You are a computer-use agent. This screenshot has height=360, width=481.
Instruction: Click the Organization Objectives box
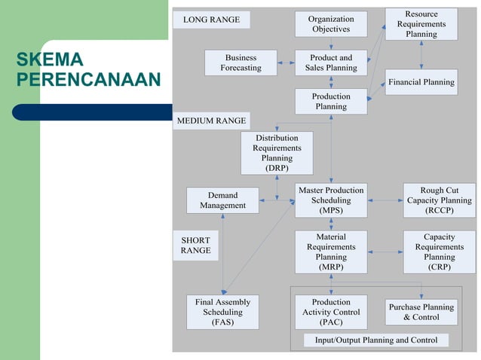tap(331, 24)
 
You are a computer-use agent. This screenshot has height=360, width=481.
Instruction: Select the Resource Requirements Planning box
tap(421, 24)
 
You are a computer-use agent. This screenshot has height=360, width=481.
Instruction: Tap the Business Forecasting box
tap(240, 63)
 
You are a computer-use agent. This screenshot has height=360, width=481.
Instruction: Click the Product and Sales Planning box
tap(331, 63)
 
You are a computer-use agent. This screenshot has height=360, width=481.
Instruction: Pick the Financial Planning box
tap(421, 82)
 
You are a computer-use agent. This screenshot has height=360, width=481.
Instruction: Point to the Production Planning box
tap(331, 102)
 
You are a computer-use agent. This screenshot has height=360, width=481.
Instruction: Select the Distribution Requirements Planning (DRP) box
tap(277, 153)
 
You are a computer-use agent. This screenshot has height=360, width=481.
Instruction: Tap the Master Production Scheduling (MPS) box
tap(331, 200)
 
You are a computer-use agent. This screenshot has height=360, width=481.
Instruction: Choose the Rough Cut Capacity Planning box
tap(440, 200)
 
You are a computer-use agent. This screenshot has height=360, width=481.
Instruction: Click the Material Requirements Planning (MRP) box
tap(331, 252)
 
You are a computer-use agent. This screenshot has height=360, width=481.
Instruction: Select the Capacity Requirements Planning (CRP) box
tap(440, 252)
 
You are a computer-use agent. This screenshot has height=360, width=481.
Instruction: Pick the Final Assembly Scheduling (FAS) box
tap(222, 312)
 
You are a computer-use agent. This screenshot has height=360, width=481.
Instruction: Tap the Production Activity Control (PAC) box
tap(331, 312)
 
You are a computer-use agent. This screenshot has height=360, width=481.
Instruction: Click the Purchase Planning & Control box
tap(421, 312)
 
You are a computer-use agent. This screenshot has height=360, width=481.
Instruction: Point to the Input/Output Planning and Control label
tap(376, 340)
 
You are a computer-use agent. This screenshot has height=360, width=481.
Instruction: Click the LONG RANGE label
tap(211, 20)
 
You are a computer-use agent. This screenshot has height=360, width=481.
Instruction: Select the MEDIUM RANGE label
tap(211, 121)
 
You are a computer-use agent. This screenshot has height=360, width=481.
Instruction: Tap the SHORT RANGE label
tap(195, 246)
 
